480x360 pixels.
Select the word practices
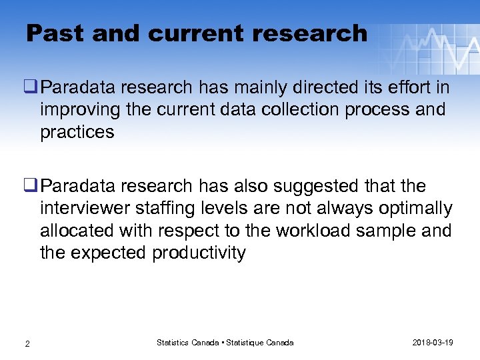(x=77, y=132)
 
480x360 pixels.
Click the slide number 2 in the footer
(x=27, y=343)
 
